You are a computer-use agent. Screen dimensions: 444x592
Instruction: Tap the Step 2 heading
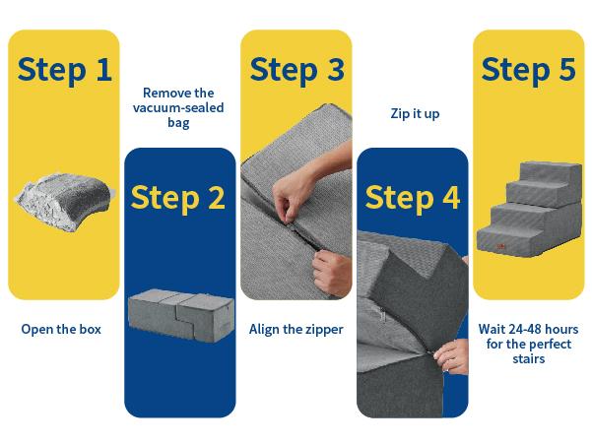[179, 196]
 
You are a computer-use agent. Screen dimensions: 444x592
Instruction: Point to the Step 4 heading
[412, 196]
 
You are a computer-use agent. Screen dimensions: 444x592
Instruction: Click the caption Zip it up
[412, 114]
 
